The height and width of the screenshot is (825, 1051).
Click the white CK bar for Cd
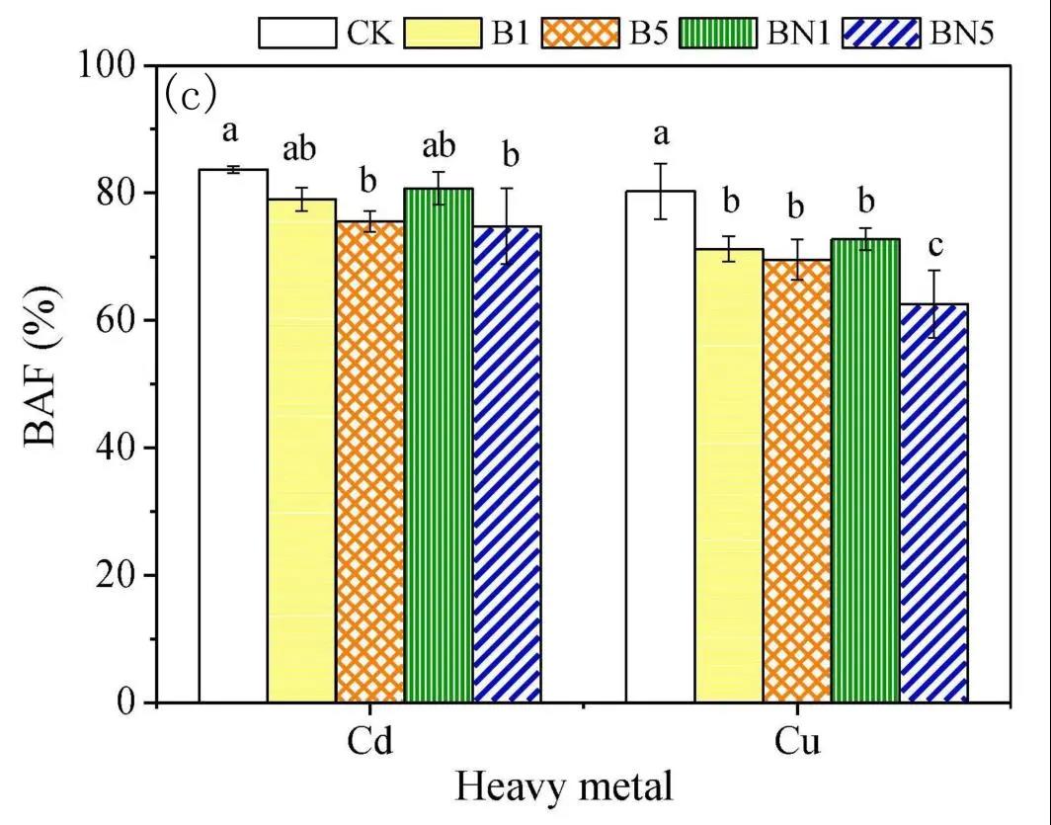pos(233,435)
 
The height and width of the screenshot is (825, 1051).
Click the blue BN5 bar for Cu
pos(933,503)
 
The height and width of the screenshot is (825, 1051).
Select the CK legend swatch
pos(298,33)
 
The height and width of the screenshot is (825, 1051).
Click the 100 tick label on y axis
pos(112,65)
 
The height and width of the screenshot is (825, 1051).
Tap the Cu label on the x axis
pos(798,741)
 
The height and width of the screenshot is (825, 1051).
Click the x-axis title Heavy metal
pos(564,787)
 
